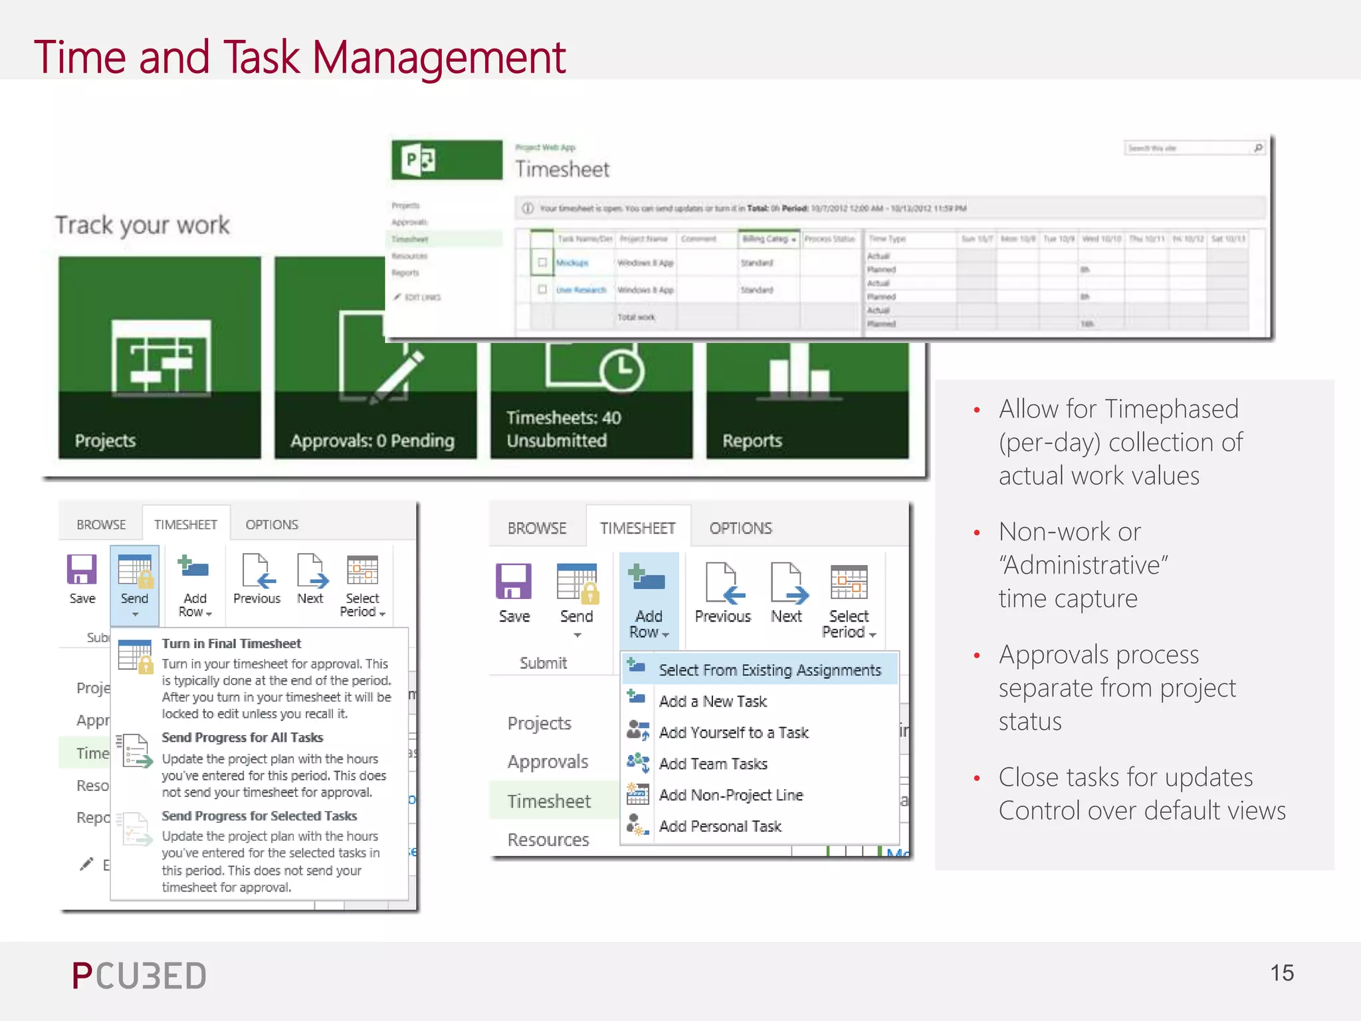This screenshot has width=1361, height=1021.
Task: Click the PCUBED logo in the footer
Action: [139, 976]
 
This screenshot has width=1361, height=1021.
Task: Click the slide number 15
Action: [1281, 973]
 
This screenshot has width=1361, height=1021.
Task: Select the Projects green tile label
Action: [105, 441]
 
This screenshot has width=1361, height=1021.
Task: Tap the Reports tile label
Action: [752, 441]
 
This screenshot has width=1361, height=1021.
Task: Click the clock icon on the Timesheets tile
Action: [622, 370]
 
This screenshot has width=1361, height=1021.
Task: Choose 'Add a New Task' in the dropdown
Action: [712, 701]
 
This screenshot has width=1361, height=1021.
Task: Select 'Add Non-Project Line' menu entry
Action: [730, 795]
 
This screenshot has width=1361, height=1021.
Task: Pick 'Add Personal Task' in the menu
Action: [720, 826]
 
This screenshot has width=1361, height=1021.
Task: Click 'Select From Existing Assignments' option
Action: [770, 670]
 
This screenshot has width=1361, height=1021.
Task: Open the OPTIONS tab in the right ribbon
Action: [740, 528]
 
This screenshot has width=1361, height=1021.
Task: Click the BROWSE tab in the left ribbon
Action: [101, 524]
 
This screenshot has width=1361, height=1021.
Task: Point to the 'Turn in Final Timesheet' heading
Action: [231, 643]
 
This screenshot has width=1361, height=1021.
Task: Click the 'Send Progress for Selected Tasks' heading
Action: [259, 816]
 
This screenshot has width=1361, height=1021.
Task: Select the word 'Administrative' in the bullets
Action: [1083, 565]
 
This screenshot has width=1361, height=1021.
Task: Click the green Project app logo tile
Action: [447, 160]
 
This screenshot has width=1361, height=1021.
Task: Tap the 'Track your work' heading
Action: [142, 225]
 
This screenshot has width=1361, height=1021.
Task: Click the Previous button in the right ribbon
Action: [722, 592]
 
